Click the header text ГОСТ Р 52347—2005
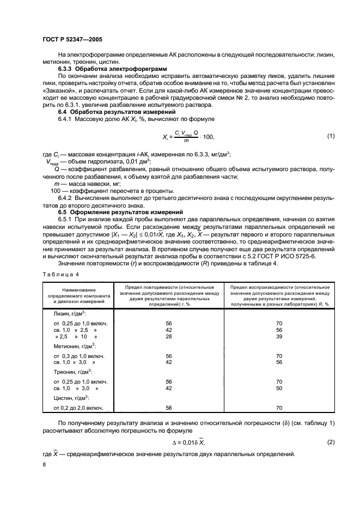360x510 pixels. coord(73,40)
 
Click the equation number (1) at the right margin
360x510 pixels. coord(331,136)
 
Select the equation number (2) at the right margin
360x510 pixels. coord(331,442)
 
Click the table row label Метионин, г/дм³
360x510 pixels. coord(75,345)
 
